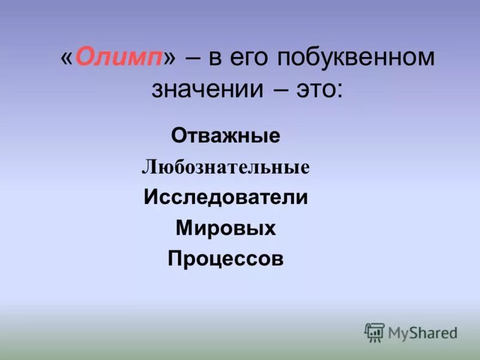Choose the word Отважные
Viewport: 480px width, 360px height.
(x=226, y=136)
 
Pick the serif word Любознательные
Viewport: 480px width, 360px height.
(x=226, y=167)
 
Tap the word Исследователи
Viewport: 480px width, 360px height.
(x=226, y=197)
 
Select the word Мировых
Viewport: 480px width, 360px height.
(x=226, y=228)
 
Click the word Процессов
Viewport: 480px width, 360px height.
(x=226, y=259)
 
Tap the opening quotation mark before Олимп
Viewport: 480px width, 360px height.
(x=67, y=59)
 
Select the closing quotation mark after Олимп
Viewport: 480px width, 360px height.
(x=171, y=59)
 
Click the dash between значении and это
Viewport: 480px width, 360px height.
(x=278, y=90)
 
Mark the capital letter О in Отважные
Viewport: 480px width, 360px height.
(x=178, y=136)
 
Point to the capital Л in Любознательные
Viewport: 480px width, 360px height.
(x=147, y=167)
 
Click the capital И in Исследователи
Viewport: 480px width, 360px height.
(x=150, y=197)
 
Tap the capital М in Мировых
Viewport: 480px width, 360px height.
(x=184, y=228)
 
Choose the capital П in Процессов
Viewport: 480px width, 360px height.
(x=175, y=259)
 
